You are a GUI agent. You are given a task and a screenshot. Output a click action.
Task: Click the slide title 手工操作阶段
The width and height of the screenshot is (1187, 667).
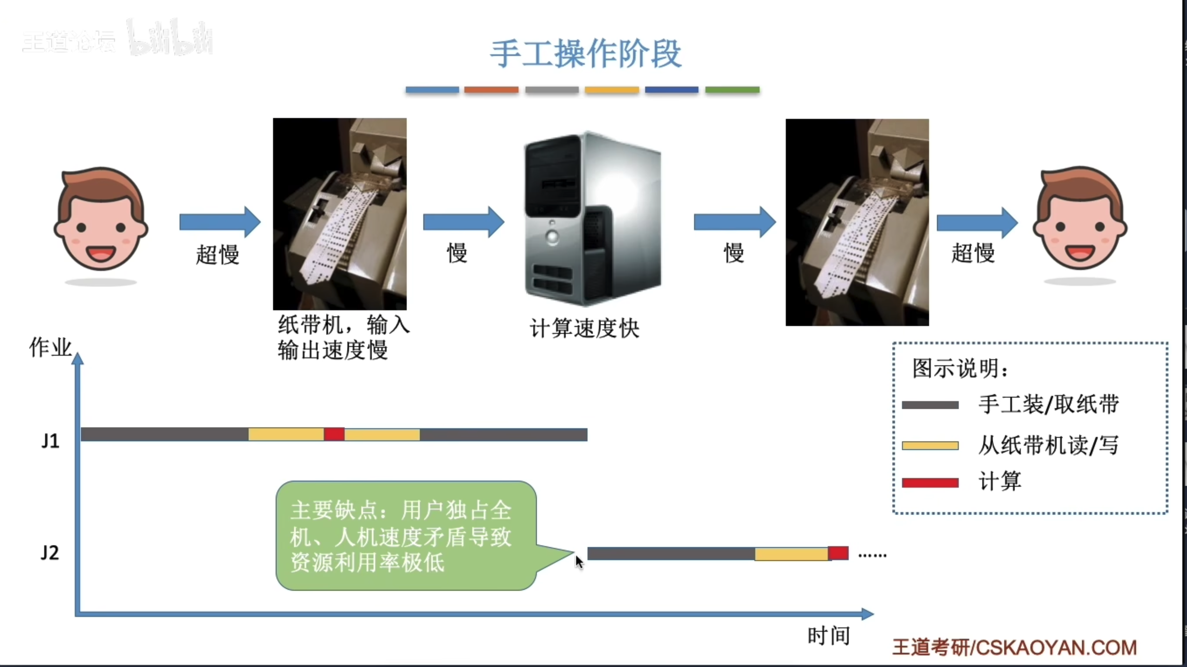[x=585, y=54]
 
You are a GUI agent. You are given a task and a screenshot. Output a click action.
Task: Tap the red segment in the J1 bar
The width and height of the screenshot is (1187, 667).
[x=334, y=434]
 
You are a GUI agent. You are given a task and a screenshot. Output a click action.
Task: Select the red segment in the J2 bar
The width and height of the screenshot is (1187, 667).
[x=838, y=553]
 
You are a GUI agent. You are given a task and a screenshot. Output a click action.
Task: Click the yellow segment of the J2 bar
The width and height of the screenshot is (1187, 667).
[x=791, y=554]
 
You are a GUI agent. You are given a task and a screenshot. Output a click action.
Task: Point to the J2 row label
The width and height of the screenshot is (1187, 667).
[x=50, y=553]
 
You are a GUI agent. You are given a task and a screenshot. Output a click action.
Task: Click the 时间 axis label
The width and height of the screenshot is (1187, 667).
[x=828, y=636]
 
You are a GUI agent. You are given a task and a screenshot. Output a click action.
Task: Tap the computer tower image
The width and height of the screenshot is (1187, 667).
[x=593, y=219]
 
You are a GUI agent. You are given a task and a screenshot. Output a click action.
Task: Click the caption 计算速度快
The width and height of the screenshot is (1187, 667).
[x=584, y=329]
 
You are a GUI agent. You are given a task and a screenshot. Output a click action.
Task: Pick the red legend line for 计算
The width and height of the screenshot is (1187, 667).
[x=930, y=483]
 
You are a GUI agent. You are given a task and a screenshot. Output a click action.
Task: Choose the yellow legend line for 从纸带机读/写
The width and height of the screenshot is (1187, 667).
[x=930, y=445]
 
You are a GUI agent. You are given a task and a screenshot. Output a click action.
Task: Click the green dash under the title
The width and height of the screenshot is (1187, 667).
[x=732, y=90]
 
